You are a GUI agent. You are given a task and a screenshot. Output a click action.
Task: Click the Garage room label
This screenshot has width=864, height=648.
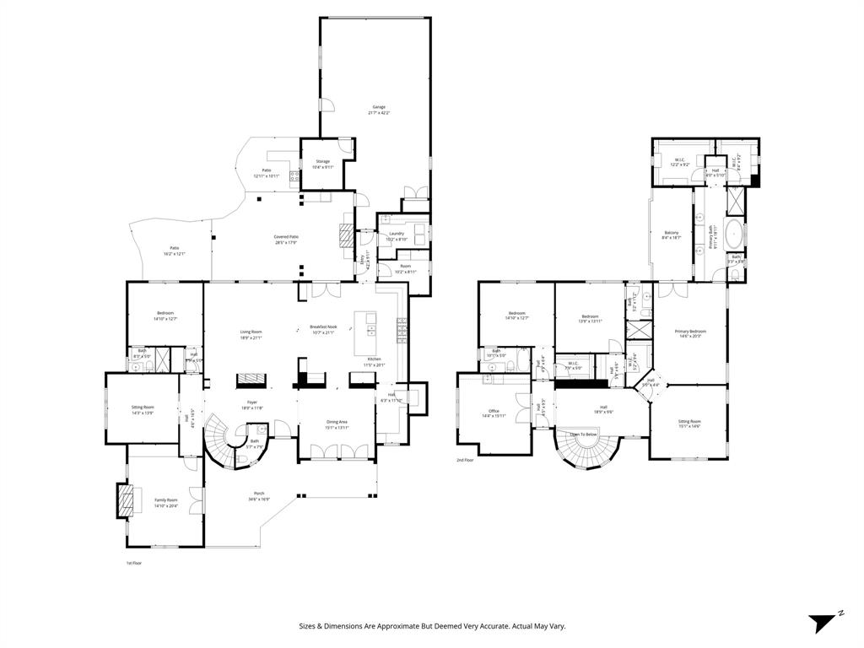click(380, 107)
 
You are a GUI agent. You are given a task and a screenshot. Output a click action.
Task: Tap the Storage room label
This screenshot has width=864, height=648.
click(323, 161)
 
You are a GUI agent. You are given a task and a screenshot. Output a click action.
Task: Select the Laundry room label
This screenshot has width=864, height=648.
click(396, 234)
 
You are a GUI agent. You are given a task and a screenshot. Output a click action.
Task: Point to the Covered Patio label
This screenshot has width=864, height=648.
click(286, 237)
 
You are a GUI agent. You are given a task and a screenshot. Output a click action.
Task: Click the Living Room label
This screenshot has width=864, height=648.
click(251, 332)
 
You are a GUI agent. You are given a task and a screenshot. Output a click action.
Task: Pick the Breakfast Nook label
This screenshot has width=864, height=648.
click(322, 327)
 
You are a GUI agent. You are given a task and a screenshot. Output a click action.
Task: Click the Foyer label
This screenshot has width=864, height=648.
click(252, 402)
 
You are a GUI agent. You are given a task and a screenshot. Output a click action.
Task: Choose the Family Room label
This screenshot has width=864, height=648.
click(166, 500)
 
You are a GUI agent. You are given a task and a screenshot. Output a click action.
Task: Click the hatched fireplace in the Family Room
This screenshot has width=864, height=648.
click(124, 499)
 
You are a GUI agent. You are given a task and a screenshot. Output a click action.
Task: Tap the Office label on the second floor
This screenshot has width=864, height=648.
click(494, 412)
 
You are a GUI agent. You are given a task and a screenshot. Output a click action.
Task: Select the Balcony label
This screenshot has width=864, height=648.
click(672, 233)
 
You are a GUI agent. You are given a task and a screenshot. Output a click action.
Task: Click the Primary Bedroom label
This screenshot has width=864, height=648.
click(690, 332)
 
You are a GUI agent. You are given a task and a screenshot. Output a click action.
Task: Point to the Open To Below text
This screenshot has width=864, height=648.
click(583, 435)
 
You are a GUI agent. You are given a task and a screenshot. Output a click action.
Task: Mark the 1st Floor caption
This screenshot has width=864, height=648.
click(134, 562)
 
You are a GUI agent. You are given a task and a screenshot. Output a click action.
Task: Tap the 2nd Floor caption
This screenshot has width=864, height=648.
click(466, 460)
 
